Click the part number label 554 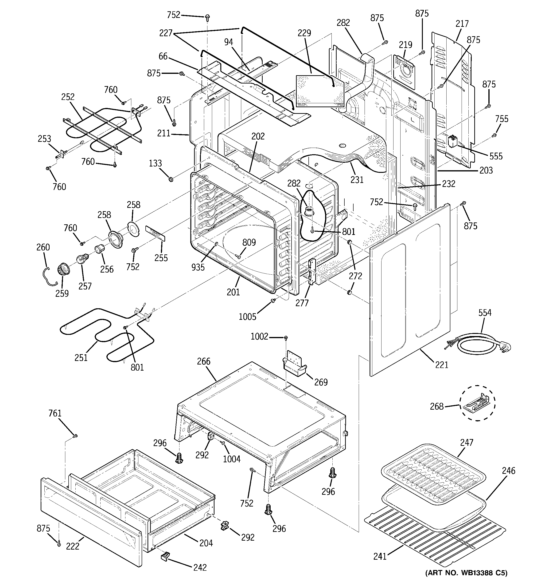tap(485, 313)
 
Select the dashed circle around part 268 tap(477, 403)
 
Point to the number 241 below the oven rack tap(380, 556)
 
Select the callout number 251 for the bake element tap(81, 357)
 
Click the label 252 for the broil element tap(68, 97)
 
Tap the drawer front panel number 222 tap(73, 546)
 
